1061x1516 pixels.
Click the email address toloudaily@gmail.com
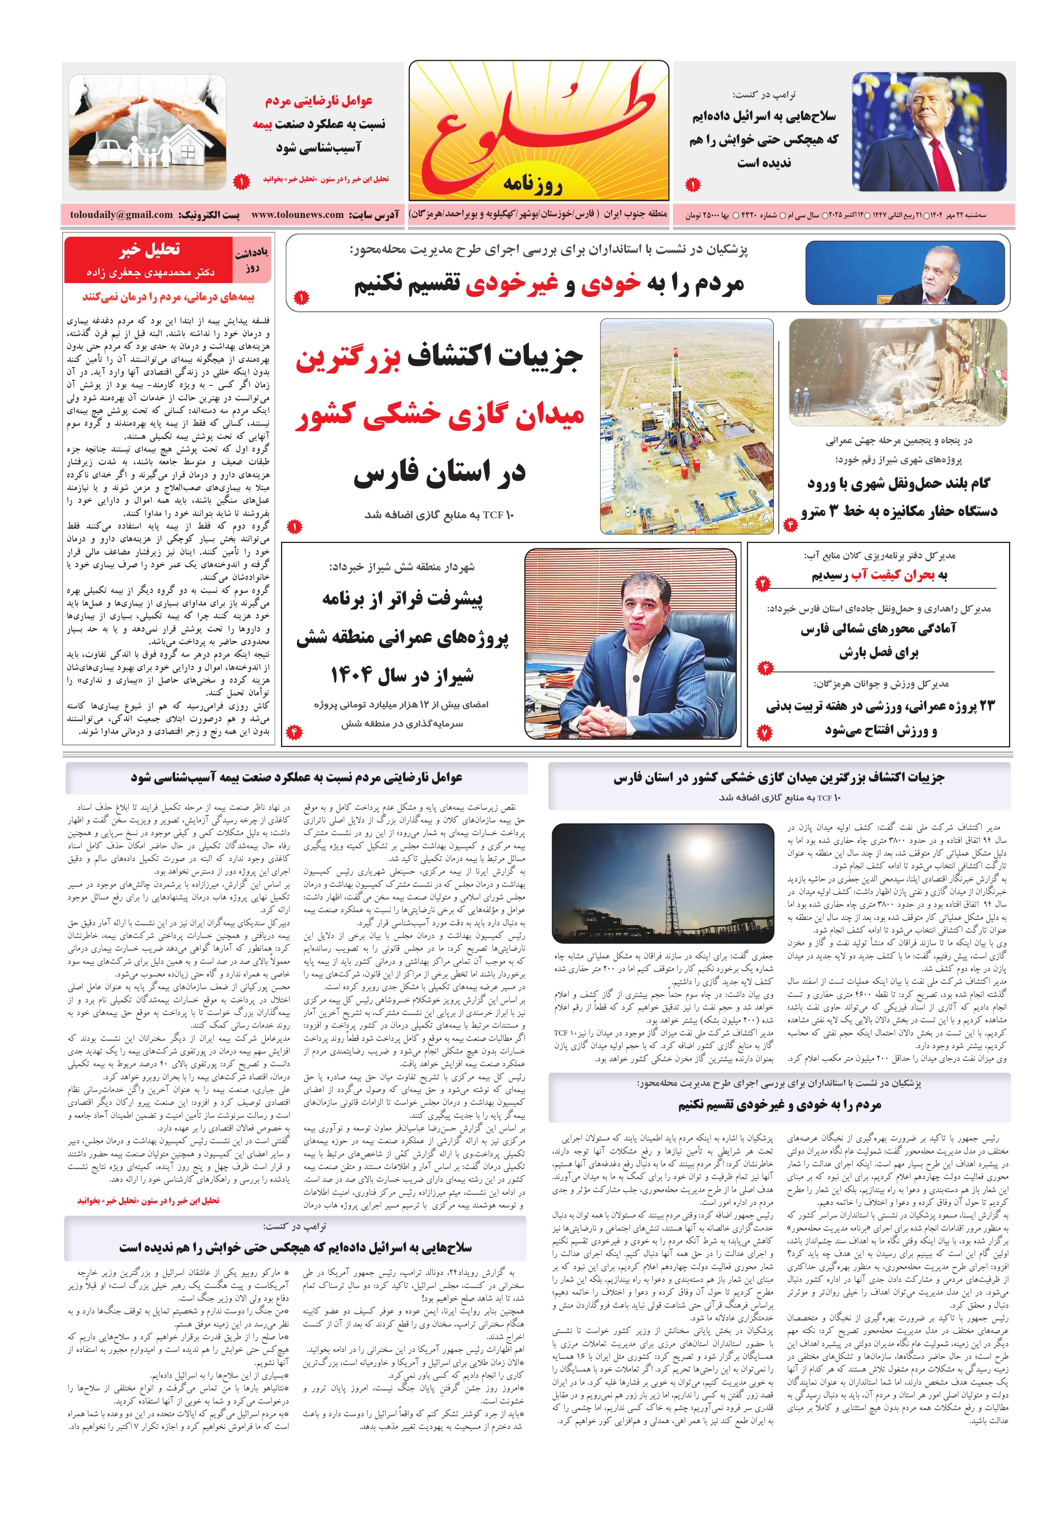122,214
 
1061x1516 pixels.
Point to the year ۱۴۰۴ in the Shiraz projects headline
355,675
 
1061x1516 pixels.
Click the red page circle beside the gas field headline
294,526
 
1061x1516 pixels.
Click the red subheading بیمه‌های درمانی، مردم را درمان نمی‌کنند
168,297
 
